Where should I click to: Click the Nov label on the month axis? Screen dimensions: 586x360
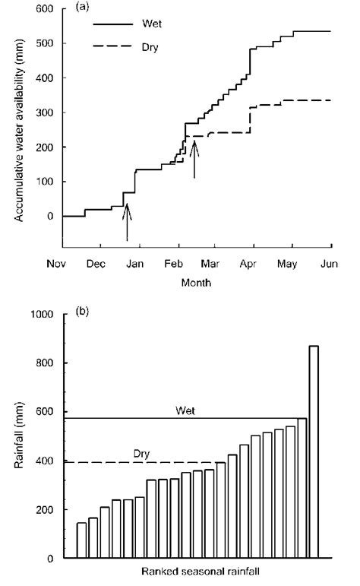(x=62, y=264)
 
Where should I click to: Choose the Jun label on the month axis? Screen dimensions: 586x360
(x=331, y=264)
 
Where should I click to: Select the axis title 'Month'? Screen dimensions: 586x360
(x=196, y=282)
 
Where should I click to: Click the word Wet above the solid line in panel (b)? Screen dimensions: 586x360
(x=185, y=410)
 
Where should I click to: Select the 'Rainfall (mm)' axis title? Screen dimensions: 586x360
(x=17, y=436)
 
